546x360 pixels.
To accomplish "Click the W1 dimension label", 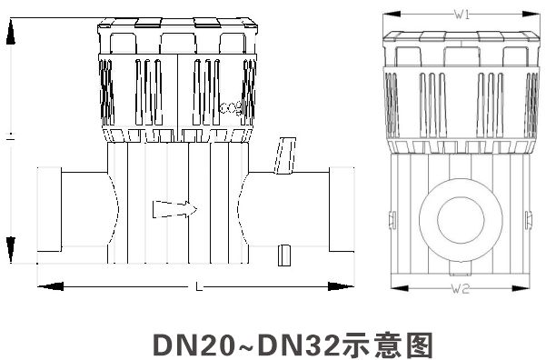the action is pos(462,15).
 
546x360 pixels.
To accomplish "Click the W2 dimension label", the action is pos(461,288).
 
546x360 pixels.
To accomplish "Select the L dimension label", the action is pos(199,286).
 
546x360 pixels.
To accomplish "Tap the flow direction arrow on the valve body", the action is pos(175,209).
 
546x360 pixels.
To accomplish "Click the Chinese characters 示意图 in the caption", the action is pos(386,345).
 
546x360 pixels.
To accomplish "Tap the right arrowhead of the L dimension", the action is pos(342,286).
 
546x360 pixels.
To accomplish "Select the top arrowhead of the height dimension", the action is pos(11,32).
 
